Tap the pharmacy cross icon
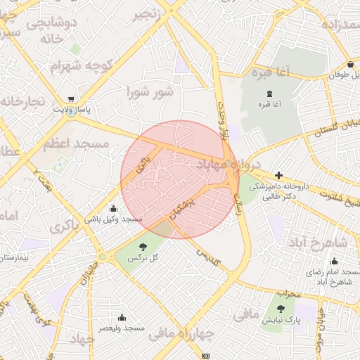[279, 175]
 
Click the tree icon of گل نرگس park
[143, 247]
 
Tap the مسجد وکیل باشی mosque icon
[114, 208]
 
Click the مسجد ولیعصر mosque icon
[122, 317]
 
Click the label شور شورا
[150, 91]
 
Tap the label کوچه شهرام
[82, 65]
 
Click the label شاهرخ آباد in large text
[317, 242]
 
